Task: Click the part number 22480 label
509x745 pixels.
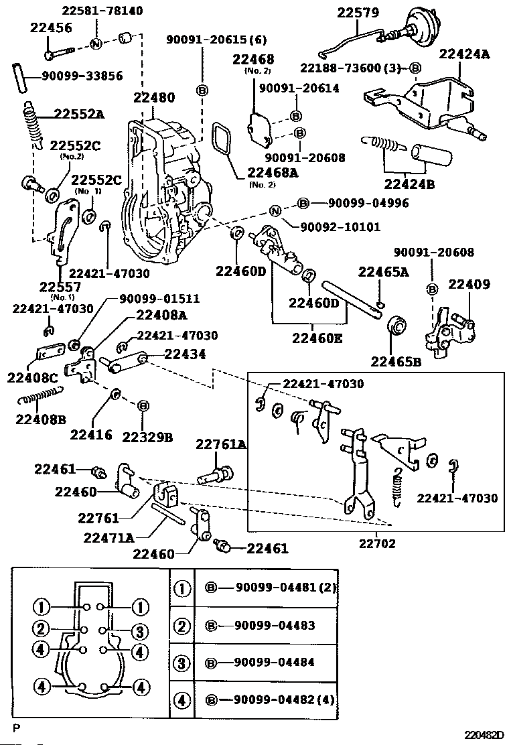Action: click(x=154, y=97)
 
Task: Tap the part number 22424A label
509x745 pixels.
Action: click(x=464, y=54)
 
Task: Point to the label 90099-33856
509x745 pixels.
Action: click(x=82, y=76)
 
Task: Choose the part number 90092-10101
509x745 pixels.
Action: click(x=340, y=226)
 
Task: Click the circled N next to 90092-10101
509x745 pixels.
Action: click(x=275, y=211)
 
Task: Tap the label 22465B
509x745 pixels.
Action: click(x=396, y=362)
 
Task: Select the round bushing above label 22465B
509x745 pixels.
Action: click(x=397, y=327)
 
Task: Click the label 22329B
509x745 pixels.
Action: click(x=147, y=437)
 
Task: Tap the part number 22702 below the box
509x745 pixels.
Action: click(x=377, y=543)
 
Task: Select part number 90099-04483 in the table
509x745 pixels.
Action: click(x=275, y=625)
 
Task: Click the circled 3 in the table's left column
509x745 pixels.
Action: click(x=181, y=663)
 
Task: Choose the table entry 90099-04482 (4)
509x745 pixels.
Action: click(x=284, y=700)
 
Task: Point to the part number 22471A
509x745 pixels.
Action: click(x=108, y=538)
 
